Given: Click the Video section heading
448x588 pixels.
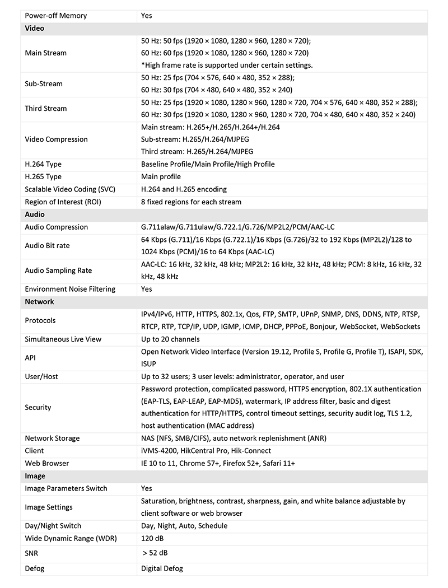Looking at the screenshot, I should coord(35,28).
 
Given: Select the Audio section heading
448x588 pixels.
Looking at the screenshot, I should coord(35,214).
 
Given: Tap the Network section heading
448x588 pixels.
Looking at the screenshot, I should coord(39,302).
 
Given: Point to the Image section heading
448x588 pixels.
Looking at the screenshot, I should coord(35,476).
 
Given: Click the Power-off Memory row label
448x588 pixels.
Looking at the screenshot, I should coord(56,16).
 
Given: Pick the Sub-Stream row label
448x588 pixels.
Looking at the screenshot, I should coord(44,84).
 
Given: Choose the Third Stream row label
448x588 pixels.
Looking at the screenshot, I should coord(46,109).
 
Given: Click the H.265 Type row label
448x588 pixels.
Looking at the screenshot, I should coord(43,177).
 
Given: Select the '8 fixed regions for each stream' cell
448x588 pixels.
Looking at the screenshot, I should coord(191,202).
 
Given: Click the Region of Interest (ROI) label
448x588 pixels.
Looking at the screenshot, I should coord(63,202).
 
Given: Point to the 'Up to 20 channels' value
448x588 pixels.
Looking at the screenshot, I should coord(170,339).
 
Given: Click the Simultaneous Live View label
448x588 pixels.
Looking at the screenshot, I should coord(63,339).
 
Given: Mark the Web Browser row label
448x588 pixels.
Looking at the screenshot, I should coord(47,464).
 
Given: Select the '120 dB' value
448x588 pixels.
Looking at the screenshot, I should coord(152,538).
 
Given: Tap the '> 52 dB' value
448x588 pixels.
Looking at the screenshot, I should coord(155,553).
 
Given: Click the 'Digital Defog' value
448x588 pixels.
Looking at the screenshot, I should coord(162,568).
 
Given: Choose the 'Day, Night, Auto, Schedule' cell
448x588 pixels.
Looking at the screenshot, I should coord(184,526).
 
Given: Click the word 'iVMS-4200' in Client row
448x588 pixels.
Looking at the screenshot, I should coord(160,451).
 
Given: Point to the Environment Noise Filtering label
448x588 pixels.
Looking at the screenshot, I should coord(70,290).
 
